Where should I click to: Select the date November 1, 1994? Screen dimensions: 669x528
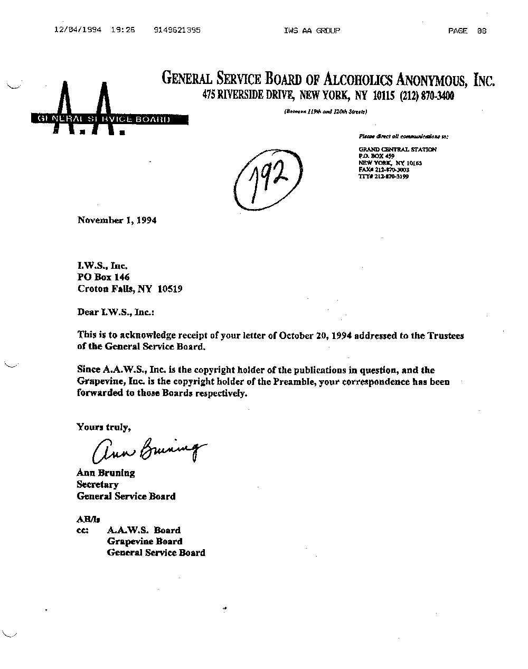tap(117, 220)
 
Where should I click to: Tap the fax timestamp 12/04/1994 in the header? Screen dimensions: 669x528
tap(78, 31)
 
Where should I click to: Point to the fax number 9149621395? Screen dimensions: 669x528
tap(177, 31)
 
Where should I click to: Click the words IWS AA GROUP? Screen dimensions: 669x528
tap(312, 31)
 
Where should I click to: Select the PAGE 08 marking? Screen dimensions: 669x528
tap(467, 31)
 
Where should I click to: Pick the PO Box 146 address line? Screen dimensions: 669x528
tap(103, 277)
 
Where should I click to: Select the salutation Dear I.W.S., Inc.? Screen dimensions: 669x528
tap(116, 312)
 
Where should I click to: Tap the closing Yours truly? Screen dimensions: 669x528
tap(103, 427)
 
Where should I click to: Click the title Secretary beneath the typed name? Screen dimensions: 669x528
tap(98, 484)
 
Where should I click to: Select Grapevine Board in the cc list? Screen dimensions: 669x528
tap(145, 541)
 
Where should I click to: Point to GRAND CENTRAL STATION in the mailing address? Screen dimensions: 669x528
tap(397, 149)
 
